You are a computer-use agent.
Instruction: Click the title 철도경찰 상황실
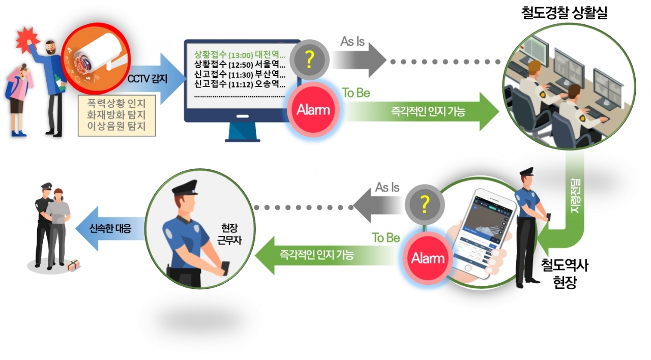pos(565,13)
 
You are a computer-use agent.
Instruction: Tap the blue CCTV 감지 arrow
pos(151,79)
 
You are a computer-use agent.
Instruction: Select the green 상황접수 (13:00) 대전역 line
pos(240,53)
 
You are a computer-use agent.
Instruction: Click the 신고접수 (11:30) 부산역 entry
pos(240,74)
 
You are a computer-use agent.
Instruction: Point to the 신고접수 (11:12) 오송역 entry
pos(240,84)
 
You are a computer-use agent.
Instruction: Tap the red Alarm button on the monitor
pos(313,110)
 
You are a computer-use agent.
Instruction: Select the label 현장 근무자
pos(223,233)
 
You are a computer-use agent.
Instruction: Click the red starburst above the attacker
pos(28,38)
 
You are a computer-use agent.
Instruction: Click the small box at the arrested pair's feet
pos(73,264)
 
